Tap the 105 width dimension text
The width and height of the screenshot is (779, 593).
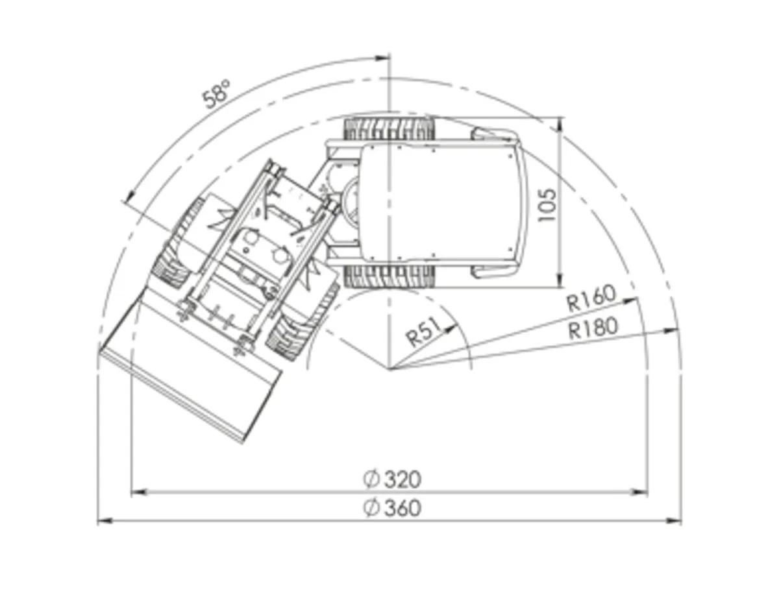[547, 204]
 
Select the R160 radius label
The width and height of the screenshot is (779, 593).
[590, 299]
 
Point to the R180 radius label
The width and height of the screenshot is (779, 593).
[593, 328]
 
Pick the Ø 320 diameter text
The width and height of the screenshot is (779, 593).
[392, 479]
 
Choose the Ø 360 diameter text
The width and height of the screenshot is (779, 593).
[392, 507]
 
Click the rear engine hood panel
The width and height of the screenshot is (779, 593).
[441, 202]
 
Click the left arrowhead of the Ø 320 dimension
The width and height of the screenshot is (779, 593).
[137, 492]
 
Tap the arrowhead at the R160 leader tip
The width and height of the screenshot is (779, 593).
[633, 300]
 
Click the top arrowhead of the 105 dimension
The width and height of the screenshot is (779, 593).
[560, 123]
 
